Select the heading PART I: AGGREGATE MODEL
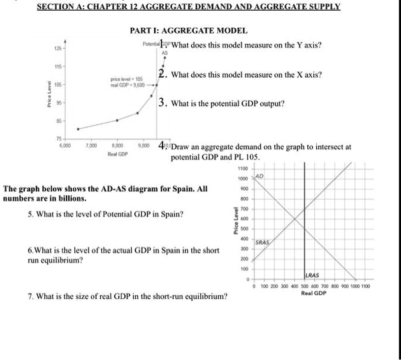coord(188,31)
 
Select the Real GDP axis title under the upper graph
coord(118,154)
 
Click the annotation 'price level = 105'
coord(127,79)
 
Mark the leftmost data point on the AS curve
coord(78,128)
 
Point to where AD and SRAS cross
coord(294,219)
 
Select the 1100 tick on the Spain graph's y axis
coord(243,169)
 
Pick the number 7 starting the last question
coord(29,296)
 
